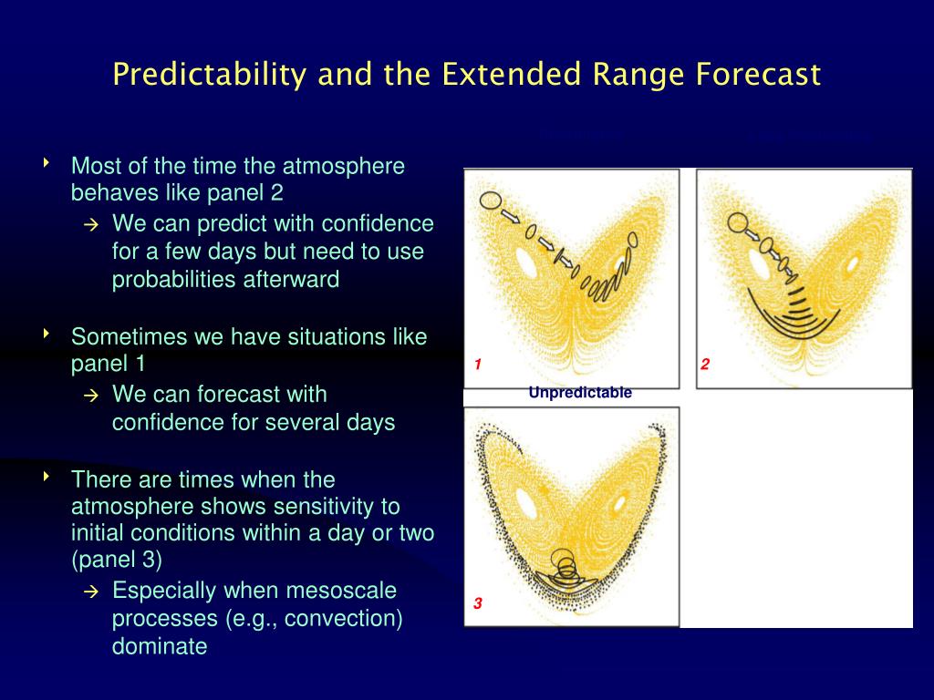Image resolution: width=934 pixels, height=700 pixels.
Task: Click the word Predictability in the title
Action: coord(209,75)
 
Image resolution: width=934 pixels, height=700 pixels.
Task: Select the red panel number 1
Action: coord(478,365)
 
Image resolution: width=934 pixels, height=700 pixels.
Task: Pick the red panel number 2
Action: coord(705,365)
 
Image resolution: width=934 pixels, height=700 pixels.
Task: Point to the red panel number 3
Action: coord(478,603)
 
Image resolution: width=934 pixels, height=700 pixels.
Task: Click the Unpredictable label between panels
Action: coord(580,392)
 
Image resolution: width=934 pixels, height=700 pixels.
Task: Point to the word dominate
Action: coord(160,646)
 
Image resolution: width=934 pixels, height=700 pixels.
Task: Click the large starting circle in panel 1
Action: coord(490,201)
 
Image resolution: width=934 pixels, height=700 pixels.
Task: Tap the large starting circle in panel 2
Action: coord(737,222)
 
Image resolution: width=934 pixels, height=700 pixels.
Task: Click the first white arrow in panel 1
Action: coord(510,215)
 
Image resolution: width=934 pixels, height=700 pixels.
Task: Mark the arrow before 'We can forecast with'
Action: coord(90,396)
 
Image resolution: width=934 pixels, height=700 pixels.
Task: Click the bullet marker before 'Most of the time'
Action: coord(47,162)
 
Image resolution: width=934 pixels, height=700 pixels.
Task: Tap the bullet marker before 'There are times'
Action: coord(47,476)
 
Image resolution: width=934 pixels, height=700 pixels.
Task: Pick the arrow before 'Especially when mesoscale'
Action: coord(90,592)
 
